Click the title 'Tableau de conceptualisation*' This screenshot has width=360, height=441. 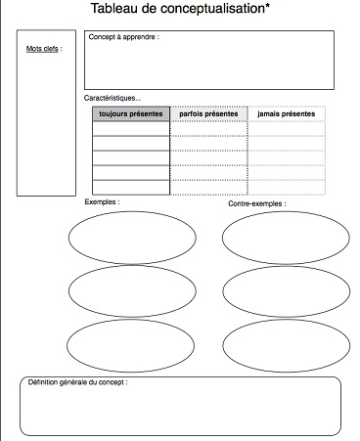tap(180, 9)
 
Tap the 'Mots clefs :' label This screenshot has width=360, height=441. tap(44, 48)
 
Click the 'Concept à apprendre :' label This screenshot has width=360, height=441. tap(122, 37)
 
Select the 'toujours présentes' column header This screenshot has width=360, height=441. tap(131, 114)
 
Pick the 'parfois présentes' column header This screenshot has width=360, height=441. tap(208, 114)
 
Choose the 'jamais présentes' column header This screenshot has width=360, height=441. tap(286, 114)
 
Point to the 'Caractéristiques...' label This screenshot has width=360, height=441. tap(112, 98)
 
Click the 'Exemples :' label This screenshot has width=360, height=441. tap(103, 202)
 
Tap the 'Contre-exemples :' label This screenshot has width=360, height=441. tap(257, 204)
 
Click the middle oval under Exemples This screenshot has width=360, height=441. tap(132, 290)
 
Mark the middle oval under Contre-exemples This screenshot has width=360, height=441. tap(286, 290)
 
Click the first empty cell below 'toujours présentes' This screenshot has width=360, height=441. tap(131, 129)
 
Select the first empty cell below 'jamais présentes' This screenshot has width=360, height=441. tap(286, 129)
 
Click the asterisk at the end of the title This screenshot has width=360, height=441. tap(267, 7)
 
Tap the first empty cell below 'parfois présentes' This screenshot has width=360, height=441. tap(208, 129)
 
